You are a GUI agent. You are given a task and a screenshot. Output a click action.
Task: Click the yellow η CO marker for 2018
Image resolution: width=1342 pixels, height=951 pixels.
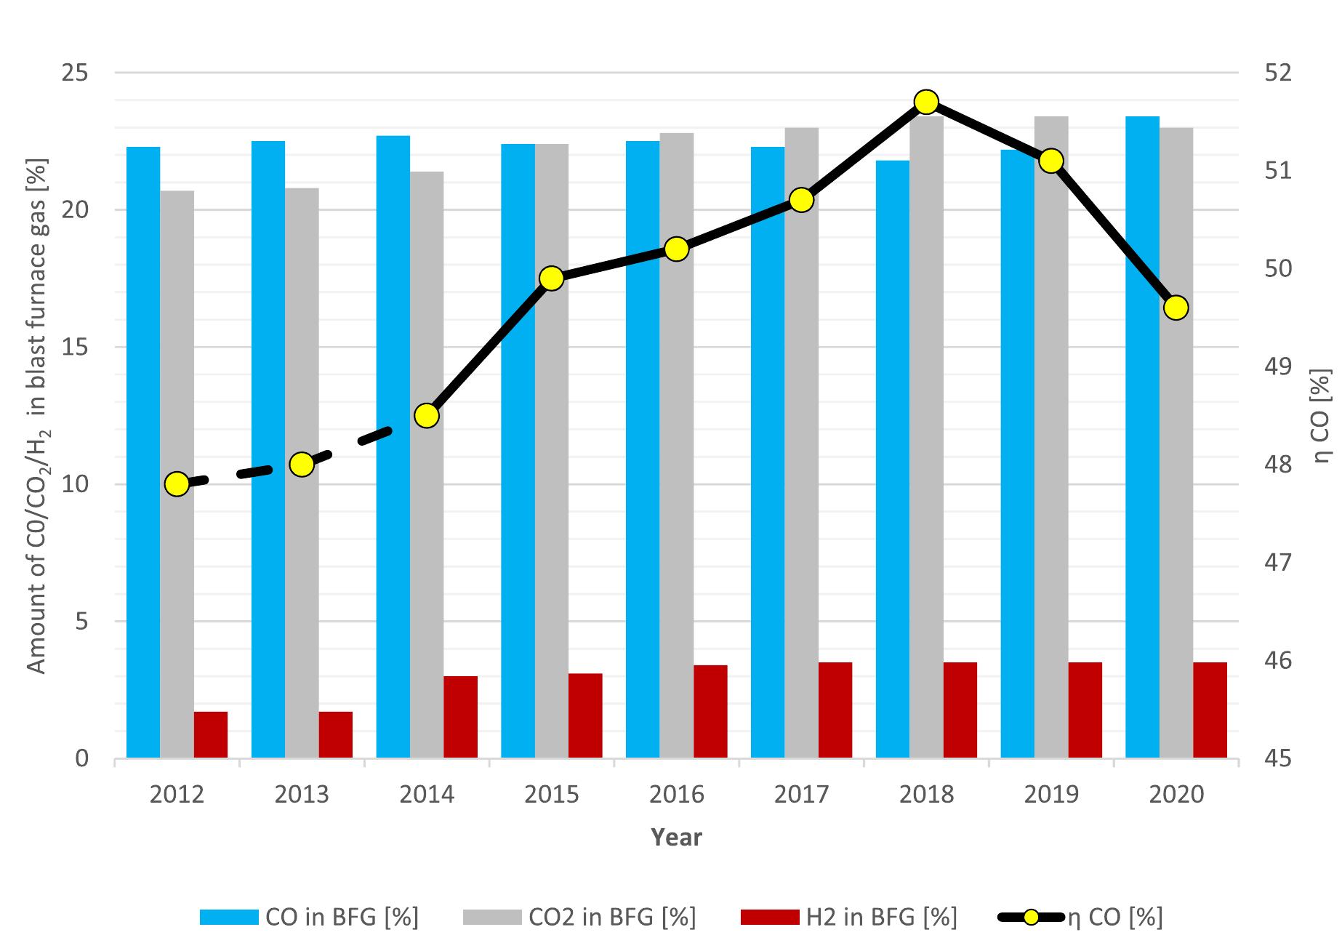pos(925,103)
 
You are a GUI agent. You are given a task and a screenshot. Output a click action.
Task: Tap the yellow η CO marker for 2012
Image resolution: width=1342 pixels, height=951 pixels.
pos(177,484)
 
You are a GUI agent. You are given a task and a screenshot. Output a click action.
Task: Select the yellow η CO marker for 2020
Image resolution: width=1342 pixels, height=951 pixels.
pos(1176,308)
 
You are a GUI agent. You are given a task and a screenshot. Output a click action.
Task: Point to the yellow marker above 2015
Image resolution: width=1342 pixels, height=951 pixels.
pos(552,278)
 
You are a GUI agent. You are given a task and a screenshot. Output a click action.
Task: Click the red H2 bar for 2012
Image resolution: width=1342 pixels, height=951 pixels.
pos(211,734)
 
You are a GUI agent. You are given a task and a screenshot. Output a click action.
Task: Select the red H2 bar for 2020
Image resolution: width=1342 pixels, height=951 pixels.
pos(1210,710)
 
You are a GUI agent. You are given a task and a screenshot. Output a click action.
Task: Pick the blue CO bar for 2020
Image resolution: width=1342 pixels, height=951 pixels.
pos(1142,436)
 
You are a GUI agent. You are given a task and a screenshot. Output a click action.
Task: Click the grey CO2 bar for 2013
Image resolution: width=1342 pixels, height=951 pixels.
pos(302,473)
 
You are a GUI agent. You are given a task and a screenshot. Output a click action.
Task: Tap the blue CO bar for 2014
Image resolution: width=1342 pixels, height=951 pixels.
pos(393,447)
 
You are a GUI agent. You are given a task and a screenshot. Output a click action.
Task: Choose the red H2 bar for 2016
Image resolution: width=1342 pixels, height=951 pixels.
pos(710,711)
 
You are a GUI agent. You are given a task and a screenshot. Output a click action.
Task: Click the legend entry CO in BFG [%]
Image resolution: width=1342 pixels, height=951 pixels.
pos(310,917)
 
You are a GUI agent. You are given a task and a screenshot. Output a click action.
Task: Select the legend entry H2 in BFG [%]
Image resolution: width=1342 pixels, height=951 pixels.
pos(848,917)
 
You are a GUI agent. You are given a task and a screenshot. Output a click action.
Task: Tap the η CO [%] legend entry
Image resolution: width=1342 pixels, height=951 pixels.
pos(1083,917)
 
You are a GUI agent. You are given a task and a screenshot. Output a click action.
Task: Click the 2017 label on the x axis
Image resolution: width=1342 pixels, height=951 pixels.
pos(801,794)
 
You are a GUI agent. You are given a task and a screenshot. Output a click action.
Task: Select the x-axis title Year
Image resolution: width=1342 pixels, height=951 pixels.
pos(676,837)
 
